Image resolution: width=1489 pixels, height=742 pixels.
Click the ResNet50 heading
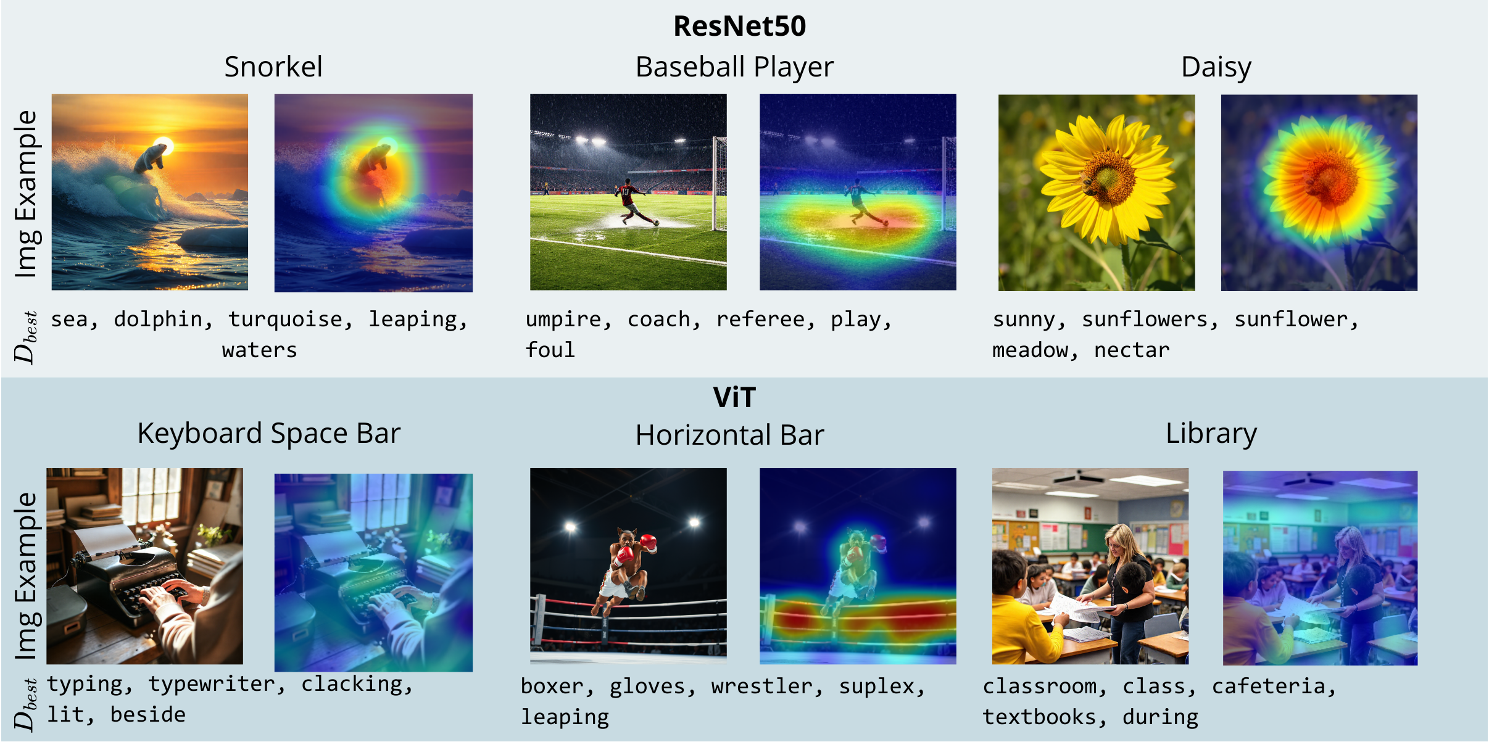pos(739,26)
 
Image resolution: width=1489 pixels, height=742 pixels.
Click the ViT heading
pos(734,397)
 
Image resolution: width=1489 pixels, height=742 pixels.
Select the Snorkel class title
pos(273,67)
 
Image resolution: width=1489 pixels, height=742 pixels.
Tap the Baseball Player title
pos(734,67)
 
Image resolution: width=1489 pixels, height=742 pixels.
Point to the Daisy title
pos(1216,67)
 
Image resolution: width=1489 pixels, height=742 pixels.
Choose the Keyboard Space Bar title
pos(269,434)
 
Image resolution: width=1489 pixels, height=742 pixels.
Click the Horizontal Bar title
pos(730,435)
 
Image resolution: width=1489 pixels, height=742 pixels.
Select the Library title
pos(1211,434)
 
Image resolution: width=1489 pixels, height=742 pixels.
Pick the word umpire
pos(568,320)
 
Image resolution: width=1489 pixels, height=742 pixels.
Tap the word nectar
pos(1132,350)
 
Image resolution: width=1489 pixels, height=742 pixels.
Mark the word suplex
pos(882,687)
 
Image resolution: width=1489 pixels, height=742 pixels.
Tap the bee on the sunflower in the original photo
pos(1088,184)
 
